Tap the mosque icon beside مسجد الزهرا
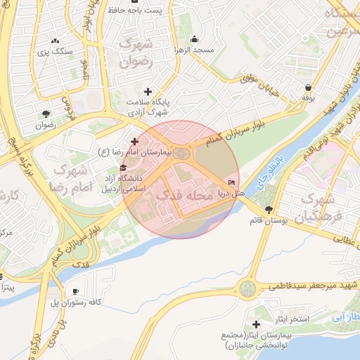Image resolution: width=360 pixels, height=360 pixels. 195,39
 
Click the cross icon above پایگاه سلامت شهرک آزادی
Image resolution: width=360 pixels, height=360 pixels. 148,91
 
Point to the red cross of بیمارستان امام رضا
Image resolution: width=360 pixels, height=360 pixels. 134,142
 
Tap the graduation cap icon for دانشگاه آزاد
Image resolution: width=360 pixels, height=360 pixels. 124,167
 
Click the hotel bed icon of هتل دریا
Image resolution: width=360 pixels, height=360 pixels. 231,183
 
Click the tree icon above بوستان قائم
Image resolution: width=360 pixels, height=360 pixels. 268,210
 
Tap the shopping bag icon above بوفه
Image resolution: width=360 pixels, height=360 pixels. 309,88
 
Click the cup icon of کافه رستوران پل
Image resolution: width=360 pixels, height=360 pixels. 75,292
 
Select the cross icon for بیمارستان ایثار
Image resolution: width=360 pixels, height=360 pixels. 255,324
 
